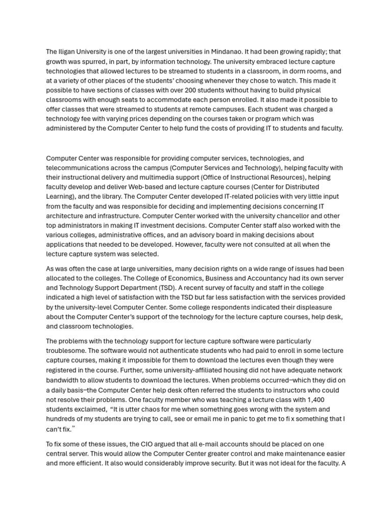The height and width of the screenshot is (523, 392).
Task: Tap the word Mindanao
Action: [x=250, y=52]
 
